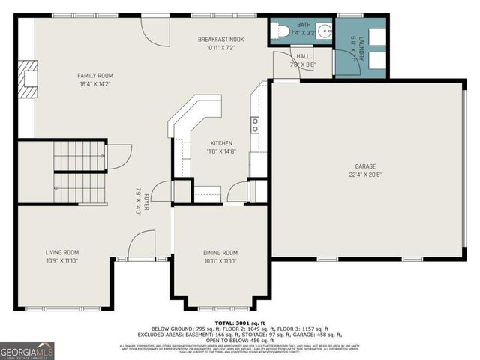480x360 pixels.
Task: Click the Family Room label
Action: (95, 75)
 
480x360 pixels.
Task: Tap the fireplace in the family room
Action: (27, 78)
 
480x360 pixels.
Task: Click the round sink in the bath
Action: (323, 31)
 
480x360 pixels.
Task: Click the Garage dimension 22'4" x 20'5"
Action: (365, 175)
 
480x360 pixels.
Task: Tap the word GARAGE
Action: (365, 166)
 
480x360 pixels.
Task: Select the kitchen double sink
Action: (255, 124)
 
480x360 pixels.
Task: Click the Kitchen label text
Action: (220, 142)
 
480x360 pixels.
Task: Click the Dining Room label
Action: (220, 253)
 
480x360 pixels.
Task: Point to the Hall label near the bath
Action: (302, 56)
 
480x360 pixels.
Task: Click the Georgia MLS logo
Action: (27, 350)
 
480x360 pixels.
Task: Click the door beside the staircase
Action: (115, 156)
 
